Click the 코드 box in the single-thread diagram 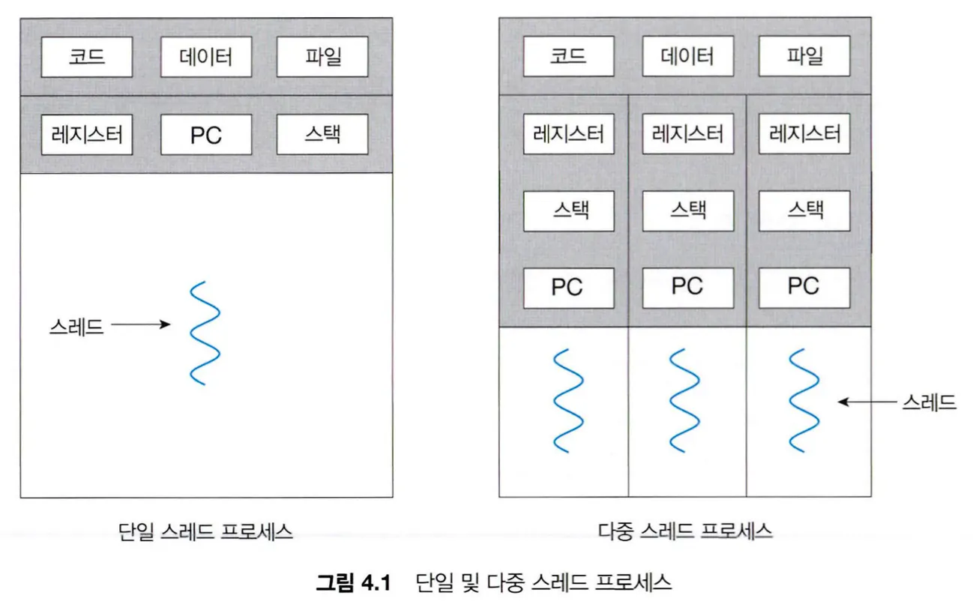(x=86, y=56)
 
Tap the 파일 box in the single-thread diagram (x=322, y=56)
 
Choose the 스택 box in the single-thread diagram (x=322, y=135)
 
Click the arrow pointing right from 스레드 (x=141, y=325)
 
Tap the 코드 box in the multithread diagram (x=567, y=56)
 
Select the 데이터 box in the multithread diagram (x=687, y=56)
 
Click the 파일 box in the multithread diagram (x=804, y=56)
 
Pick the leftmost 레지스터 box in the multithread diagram (x=567, y=134)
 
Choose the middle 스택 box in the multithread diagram (x=687, y=211)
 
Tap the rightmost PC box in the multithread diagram (x=804, y=288)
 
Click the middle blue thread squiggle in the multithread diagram (x=686, y=399)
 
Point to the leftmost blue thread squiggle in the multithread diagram (x=567, y=399)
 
